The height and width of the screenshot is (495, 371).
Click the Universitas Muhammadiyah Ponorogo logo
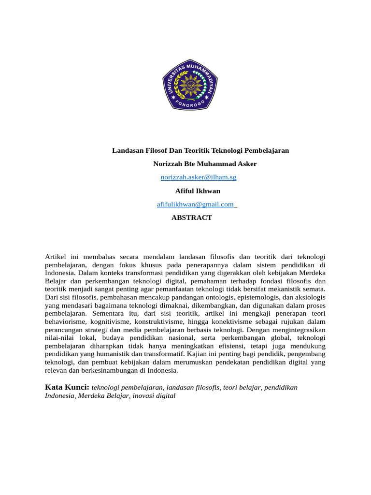[x=190, y=84]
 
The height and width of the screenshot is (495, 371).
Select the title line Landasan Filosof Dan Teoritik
[x=200, y=150]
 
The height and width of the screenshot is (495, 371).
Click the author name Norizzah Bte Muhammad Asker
[x=205, y=164]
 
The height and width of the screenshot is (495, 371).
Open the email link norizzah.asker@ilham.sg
[x=198, y=177]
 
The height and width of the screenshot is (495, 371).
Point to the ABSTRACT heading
[x=192, y=218]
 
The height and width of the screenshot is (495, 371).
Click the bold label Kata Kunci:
[x=67, y=388]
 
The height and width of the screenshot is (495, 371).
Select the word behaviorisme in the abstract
[x=65, y=322]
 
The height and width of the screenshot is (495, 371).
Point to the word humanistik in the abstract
[x=122, y=355]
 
